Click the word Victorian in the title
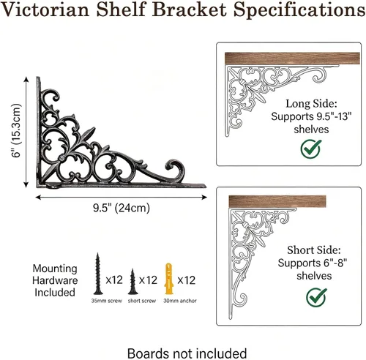45,10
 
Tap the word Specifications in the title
299,10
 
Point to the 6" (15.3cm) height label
17,131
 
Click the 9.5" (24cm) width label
122,208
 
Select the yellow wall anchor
168,279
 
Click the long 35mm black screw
98,274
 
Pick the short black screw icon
132,282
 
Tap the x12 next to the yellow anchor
186,280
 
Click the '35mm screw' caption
106,301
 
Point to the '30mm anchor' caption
180,301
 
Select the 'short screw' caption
142,301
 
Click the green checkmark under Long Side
310,149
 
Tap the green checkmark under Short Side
316,297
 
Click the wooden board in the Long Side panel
292,59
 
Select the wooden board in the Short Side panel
277,202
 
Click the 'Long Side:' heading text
311,104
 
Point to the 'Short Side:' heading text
313,250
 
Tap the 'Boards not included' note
187,353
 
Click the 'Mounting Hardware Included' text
55,280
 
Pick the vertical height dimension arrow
26,132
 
